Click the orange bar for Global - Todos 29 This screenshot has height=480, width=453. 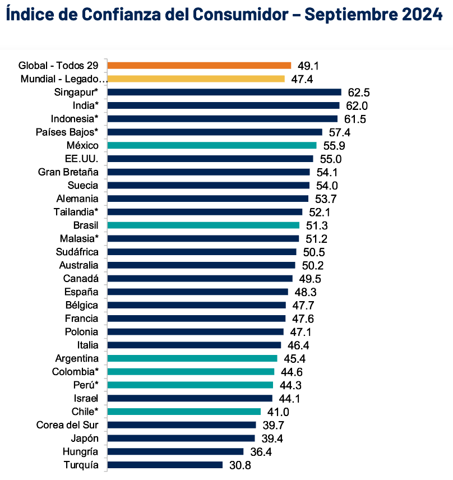(x=199, y=66)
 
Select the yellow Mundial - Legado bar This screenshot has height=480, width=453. (x=196, y=79)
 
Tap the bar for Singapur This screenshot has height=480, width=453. (x=224, y=92)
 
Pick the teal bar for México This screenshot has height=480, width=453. (x=211, y=145)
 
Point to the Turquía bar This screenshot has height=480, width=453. (x=165, y=465)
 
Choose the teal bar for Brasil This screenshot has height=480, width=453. (x=203, y=225)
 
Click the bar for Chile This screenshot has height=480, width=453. (x=184, y=412)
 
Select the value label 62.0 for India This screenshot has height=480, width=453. (x=357, y=106)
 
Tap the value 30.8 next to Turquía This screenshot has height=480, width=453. (x=239, y=465)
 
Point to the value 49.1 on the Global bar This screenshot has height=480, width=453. (x=308, y=66)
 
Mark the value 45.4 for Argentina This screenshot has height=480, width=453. (x=294, y=359)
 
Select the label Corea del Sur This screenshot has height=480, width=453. (x=67, y=425)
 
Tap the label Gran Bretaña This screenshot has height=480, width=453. (x=68, y=172)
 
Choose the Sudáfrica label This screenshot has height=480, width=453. (x=77, y=252)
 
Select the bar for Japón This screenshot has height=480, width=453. (x=181, y=439)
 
